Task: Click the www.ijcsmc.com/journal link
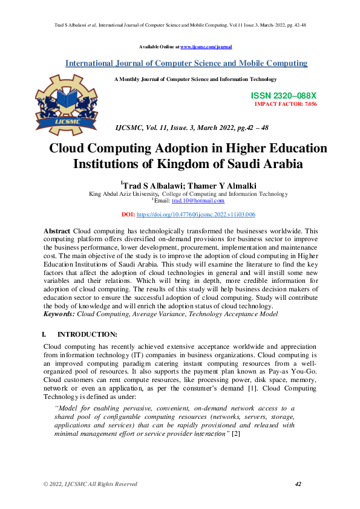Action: click(206, 47)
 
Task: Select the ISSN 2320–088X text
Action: click(283, 96)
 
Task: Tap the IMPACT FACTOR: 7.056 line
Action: click(286, 104)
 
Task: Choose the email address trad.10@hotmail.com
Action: click(198, 201)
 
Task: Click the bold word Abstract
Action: click(57, 232)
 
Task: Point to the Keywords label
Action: click(60, 315)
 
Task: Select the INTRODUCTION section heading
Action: click(87, 334)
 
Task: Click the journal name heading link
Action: click(186, 63)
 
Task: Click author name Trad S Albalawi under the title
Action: click(151, 185)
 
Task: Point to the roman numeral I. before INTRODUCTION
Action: click(44, 334)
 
